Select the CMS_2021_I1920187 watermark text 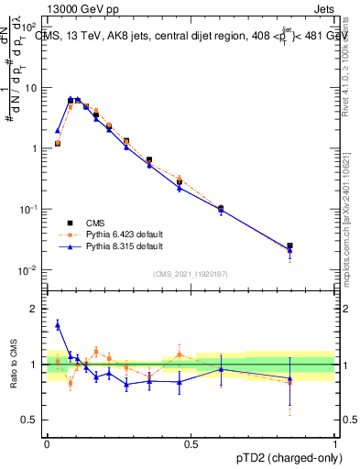191,274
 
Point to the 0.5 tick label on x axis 191,442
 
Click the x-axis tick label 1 335,442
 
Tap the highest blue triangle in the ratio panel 58,324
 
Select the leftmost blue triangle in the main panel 58,131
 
